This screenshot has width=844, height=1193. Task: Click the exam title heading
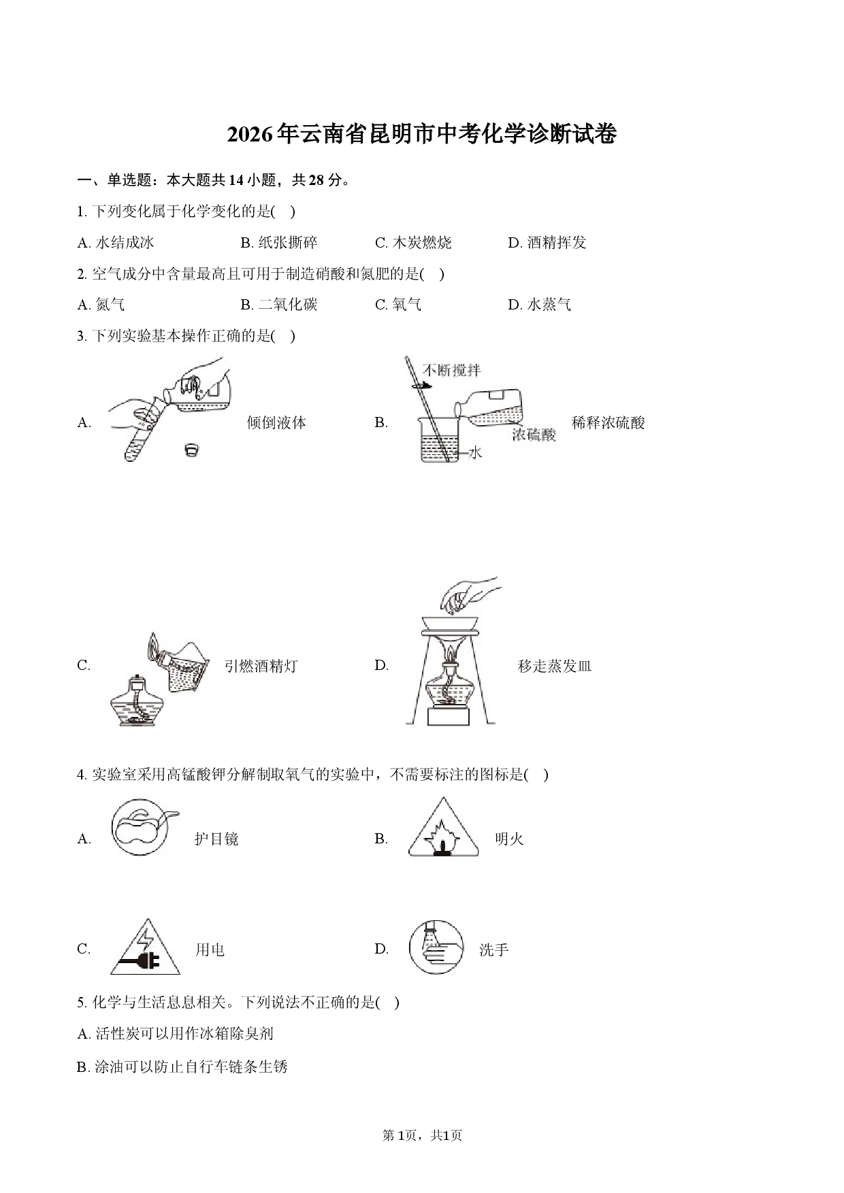click(x=421, y=135)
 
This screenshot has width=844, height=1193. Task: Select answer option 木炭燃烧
click(x=412, y=243)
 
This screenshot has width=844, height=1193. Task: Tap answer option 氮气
click(x=101, y=305)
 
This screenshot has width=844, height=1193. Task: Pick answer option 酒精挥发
click(x=547, y=243)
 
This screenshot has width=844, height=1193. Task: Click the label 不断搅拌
click(x=451, y=370)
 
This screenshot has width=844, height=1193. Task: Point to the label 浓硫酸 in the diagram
click(x=534, y=435)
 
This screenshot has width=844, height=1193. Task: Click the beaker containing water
click(x=440, y=439)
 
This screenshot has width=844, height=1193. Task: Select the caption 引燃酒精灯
click(x=261, y=666)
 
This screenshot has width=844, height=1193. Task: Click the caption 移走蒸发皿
click(x=555, y=666)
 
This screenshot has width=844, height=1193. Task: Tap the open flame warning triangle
click(x=444, y=827)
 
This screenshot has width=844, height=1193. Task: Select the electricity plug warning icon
click(x=145, y=947)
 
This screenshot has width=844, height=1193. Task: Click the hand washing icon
click(x=436, y=946)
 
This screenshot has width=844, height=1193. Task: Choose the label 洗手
click(x=493, y=950)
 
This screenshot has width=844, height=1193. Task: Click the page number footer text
click(x=422, y=1135)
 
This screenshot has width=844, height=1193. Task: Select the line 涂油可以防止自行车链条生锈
click(x=182, y=1066)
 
